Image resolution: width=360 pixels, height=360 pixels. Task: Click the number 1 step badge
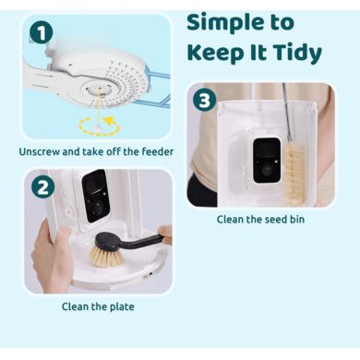41,32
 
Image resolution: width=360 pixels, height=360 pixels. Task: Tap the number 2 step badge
42,187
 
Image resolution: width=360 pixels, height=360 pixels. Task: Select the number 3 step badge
204,100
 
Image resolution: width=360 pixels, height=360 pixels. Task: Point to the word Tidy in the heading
297,54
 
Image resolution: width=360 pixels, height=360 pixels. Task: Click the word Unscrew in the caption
40,151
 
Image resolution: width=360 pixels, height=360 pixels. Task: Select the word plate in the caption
121,306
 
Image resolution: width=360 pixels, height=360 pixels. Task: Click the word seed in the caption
266,220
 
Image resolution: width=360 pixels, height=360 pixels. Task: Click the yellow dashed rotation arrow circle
100,126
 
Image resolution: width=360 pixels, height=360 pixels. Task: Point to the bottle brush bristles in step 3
294,173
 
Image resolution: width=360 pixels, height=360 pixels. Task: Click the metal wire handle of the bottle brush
287,111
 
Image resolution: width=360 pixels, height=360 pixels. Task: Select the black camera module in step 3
267,160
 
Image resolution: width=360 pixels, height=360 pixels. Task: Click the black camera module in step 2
96,196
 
